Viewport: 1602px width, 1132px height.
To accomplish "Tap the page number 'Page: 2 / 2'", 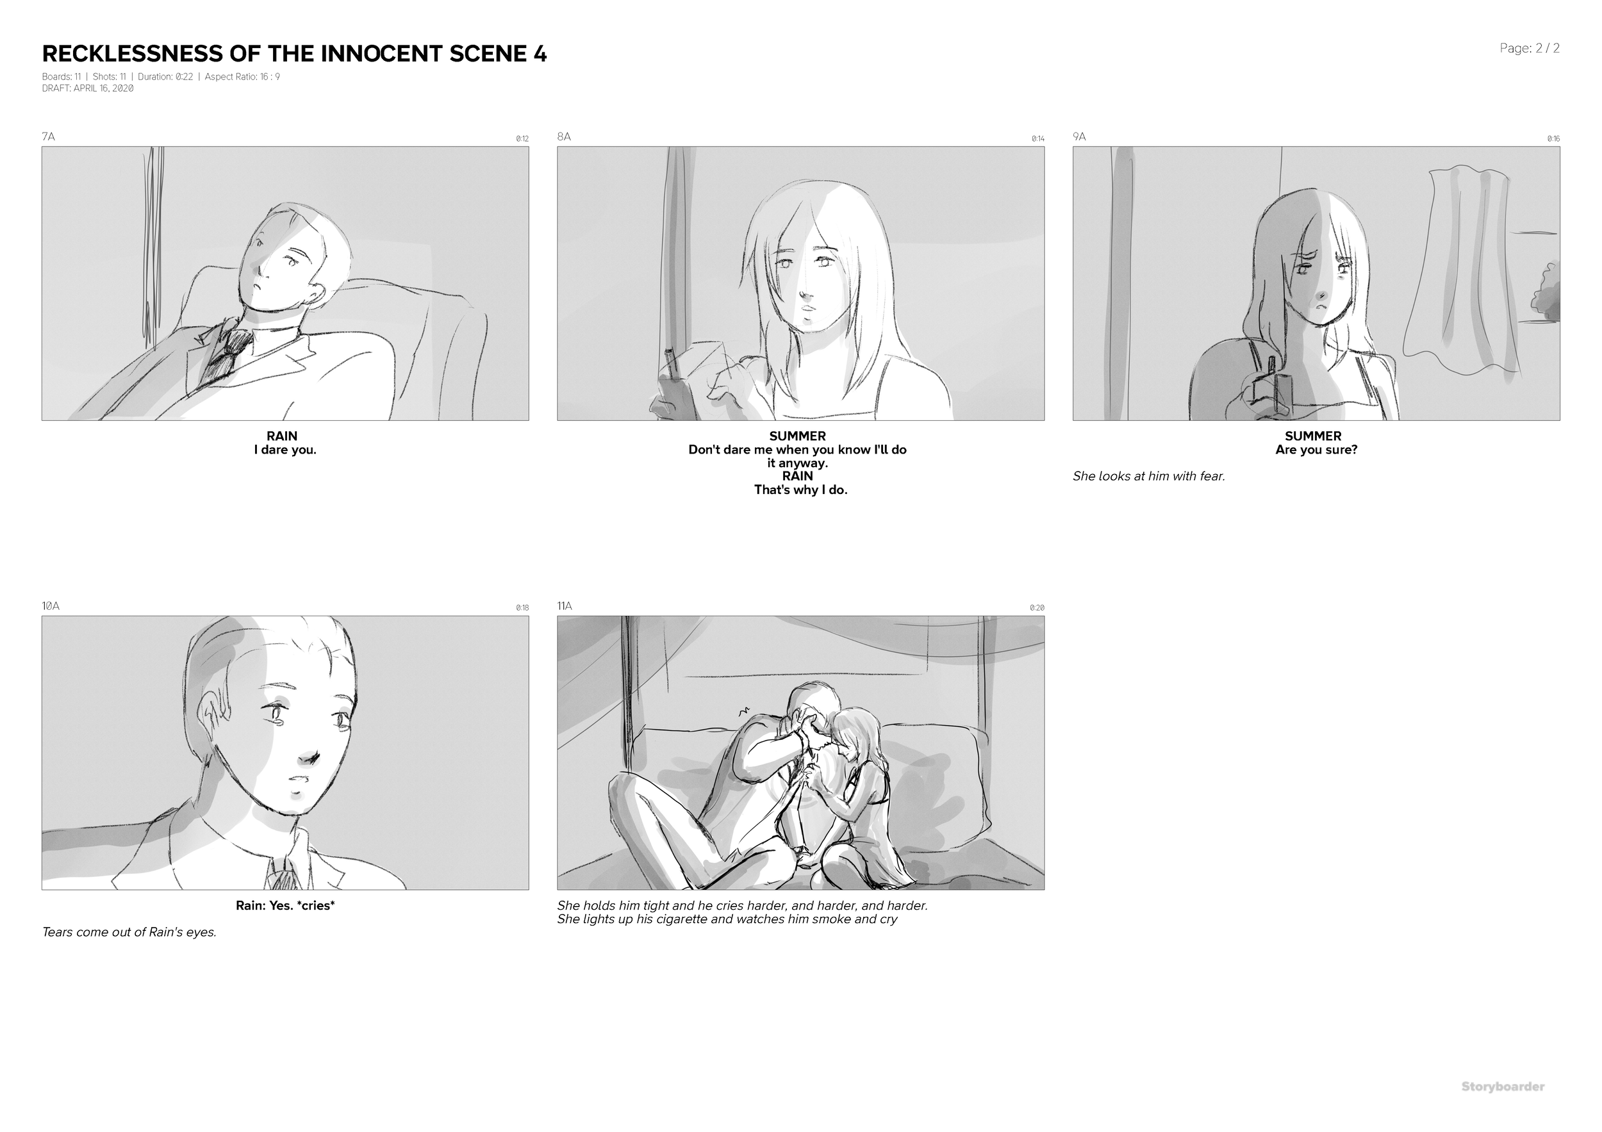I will coord(1530,48).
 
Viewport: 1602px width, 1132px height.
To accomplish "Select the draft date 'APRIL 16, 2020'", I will coord(103,88).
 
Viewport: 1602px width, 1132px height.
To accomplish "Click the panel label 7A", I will coord(48,136).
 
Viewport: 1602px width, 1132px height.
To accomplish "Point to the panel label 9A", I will coord(1078,136).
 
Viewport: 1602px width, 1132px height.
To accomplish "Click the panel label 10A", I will coord(50,606).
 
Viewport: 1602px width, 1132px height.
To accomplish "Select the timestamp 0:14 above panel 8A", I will coord(1037,139).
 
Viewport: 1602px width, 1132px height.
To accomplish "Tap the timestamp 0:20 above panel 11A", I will coord(1037,608).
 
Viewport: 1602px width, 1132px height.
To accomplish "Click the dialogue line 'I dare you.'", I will coord(285,450).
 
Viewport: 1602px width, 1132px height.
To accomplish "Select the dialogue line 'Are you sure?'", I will coord(1316,450).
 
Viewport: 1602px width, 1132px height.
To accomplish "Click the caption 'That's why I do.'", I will coord(800,489).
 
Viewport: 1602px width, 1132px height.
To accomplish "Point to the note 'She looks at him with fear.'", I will coord(1148,477).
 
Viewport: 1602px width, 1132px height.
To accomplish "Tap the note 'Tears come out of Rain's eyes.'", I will coord(129,932).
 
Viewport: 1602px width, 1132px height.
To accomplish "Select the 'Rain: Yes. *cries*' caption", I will coord(285,906).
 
